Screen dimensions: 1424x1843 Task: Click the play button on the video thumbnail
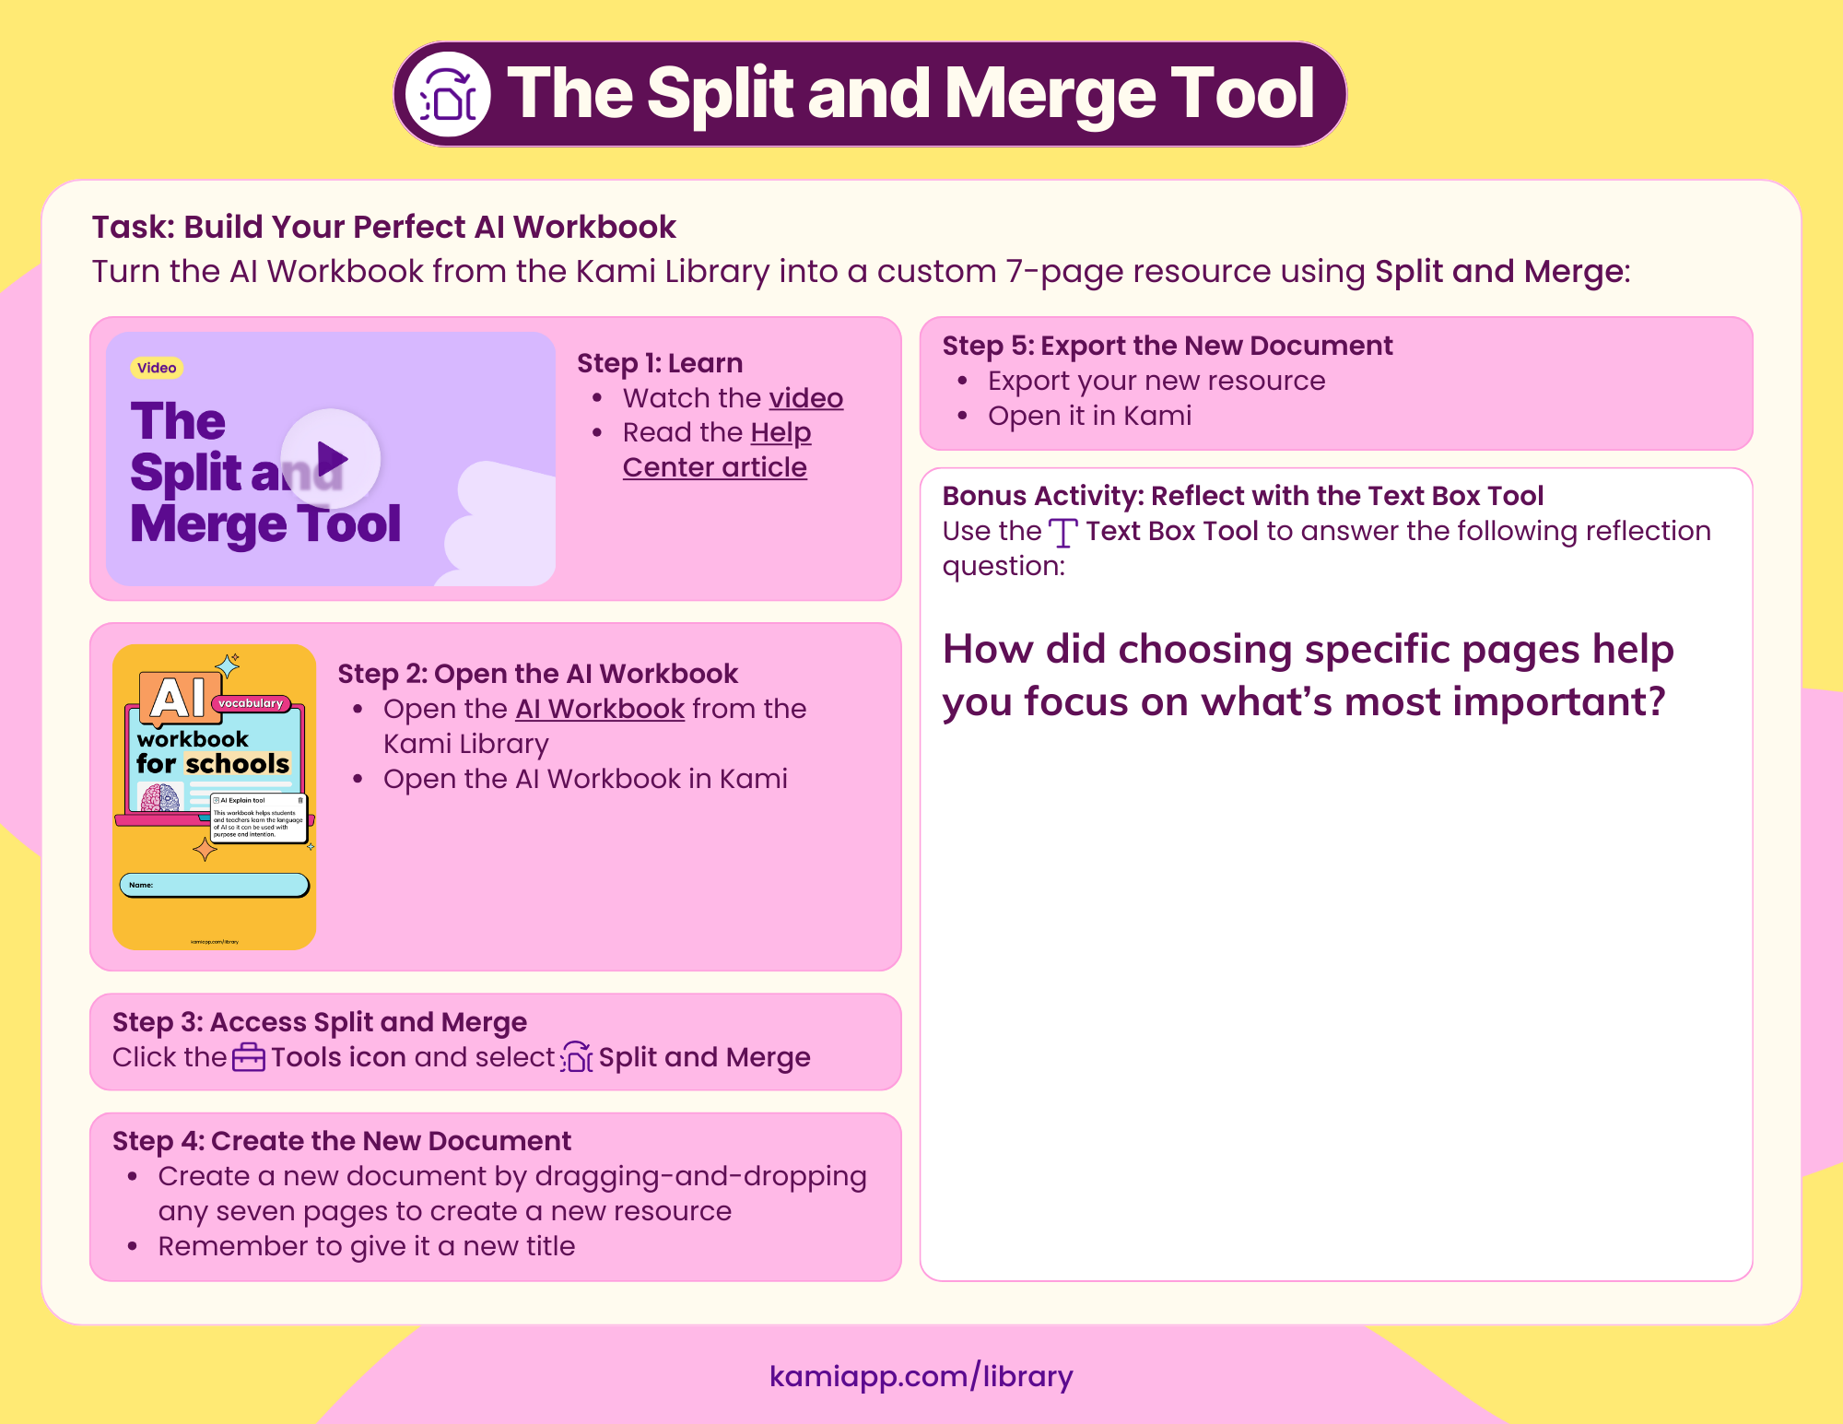[x=331, y=458]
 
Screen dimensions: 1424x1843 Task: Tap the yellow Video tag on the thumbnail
[x=157, y=368]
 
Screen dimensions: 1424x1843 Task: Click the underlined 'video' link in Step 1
[x=806, y=398]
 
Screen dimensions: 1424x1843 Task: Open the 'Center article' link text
[x=714, y=467]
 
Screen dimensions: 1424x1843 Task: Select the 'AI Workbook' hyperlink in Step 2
[x=600, y=709]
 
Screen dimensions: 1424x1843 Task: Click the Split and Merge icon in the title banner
[x=448, y=94]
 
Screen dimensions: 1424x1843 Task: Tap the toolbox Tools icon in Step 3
[x=248, y=1057]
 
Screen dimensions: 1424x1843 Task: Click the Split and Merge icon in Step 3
[x=577, y=1057]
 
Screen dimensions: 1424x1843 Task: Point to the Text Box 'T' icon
[x=1062, y=533]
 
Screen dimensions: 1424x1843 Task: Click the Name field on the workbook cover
[x=214, y=885]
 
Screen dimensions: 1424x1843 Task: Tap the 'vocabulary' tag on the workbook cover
[x=251, y=703]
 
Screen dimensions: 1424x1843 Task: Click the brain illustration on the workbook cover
[x=160, y=797]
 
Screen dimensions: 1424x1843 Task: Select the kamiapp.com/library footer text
[x=921, y=1376]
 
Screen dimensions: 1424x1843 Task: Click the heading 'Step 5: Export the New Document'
[x=1167, y=346]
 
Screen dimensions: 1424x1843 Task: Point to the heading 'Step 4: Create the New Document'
[x=341, y=1141]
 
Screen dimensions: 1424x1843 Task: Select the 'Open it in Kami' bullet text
[x=1089, y=416]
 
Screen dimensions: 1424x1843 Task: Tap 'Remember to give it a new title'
[x=366, y=1246]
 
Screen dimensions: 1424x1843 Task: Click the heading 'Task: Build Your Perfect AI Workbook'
[x=383, y=227]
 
